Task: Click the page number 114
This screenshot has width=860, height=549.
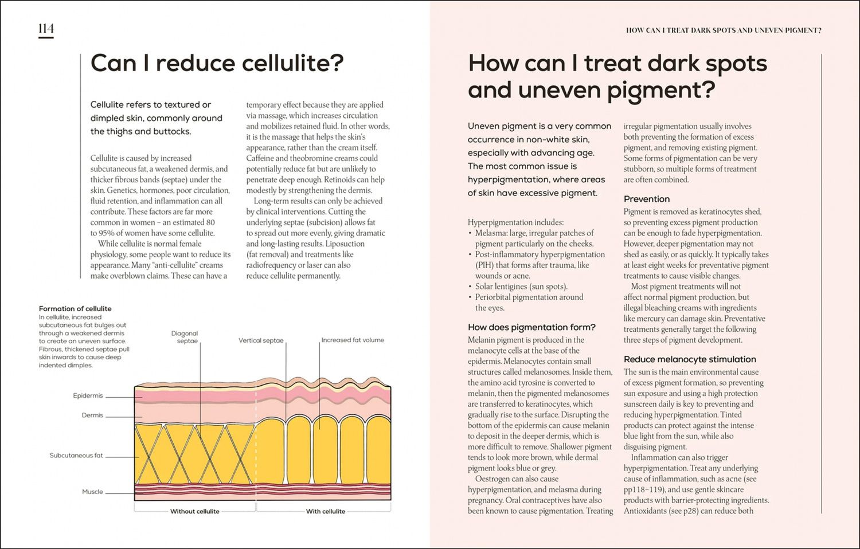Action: point(46,29)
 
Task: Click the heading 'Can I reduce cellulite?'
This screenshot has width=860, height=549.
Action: point(217,63)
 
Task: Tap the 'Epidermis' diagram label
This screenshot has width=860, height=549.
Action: point(88,395)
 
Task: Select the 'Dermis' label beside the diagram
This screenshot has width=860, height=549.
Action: point(92,415)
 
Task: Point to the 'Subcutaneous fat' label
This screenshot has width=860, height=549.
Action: point(76,456)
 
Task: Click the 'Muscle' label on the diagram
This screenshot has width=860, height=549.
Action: point(92,492)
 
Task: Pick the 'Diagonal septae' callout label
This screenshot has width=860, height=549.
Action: point(185,337)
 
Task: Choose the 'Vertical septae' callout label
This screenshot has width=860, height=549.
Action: point(261,340)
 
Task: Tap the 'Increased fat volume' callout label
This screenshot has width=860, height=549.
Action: point(353,340)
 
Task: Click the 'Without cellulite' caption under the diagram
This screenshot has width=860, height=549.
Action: point(195,511)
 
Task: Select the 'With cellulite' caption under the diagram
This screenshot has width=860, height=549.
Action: point(326,511)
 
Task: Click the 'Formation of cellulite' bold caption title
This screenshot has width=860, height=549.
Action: point(75,308)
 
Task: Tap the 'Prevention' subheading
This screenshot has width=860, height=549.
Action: point(647,199)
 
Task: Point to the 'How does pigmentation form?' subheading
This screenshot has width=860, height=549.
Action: point(531,327)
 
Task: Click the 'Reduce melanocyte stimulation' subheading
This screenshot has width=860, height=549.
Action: point(690,359)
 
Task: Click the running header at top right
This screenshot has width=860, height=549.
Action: point(724,30)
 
